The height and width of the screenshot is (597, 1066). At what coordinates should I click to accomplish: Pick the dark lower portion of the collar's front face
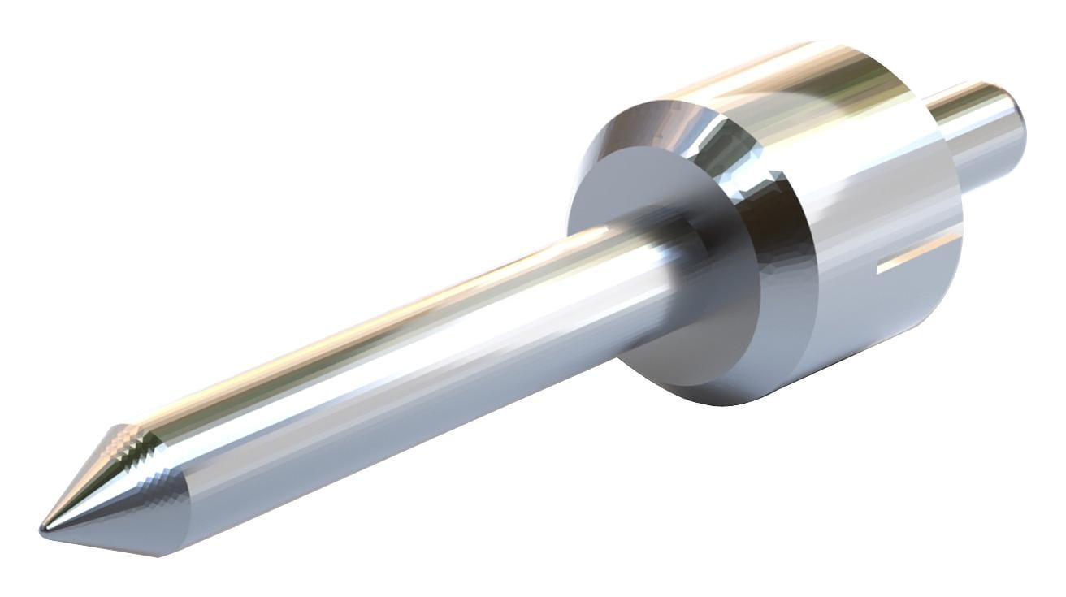click(x=691, y=349)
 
